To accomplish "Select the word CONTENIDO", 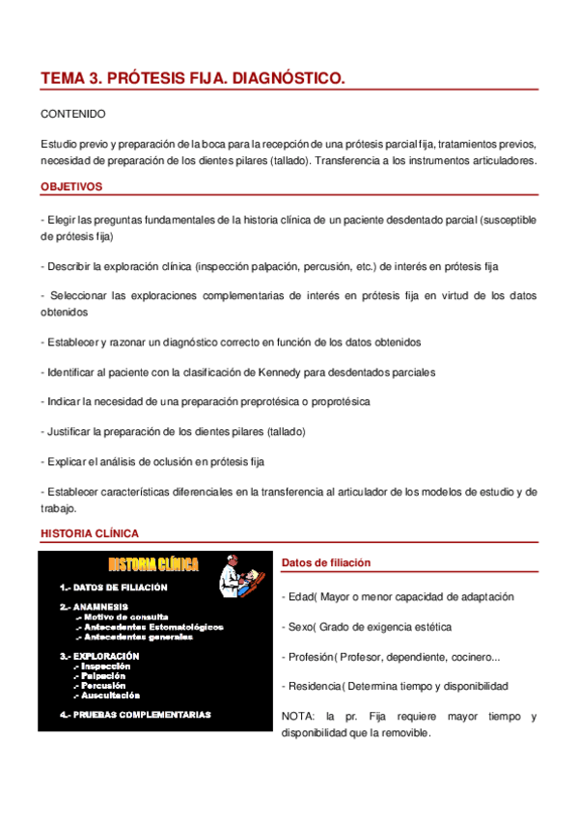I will (x=73, y=114).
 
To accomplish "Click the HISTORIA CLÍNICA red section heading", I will (x=90, y=532).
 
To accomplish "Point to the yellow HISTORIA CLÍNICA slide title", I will (x=153, y=563).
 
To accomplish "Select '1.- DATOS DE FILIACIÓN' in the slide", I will (x=113, y=586).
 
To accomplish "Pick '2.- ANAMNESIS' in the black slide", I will (x=93, y=607).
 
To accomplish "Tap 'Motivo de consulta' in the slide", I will (x=125, y=616).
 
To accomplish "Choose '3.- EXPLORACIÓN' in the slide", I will (x=98, y=656).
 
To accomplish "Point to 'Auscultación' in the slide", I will (x=111, y=695).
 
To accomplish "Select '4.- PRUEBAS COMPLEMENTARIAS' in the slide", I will (x=135, y=715).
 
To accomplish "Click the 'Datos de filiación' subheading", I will (x=325, y=563).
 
